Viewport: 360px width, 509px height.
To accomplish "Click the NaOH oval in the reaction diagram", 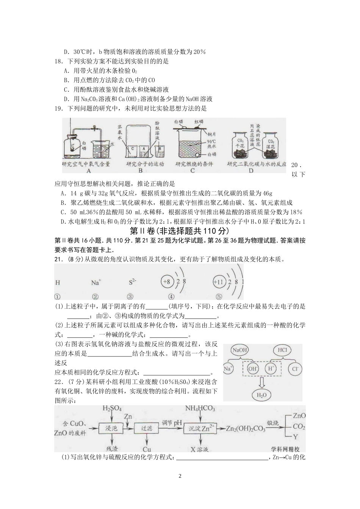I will [x=240, y=351].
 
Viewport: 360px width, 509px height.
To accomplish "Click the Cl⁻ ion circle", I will [x=296, y=368].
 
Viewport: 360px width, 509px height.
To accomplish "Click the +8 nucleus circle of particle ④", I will [x=167, y=282].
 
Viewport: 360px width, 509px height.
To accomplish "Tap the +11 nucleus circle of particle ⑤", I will [x=219, y=282].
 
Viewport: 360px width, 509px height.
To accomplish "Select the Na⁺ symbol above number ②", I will [x=95, y=282].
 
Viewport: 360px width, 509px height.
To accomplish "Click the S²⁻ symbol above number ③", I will [x=132, y=282].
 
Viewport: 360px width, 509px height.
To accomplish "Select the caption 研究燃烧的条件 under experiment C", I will [x=194, y=164].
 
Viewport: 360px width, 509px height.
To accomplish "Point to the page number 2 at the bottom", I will [x=180, y=476].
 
